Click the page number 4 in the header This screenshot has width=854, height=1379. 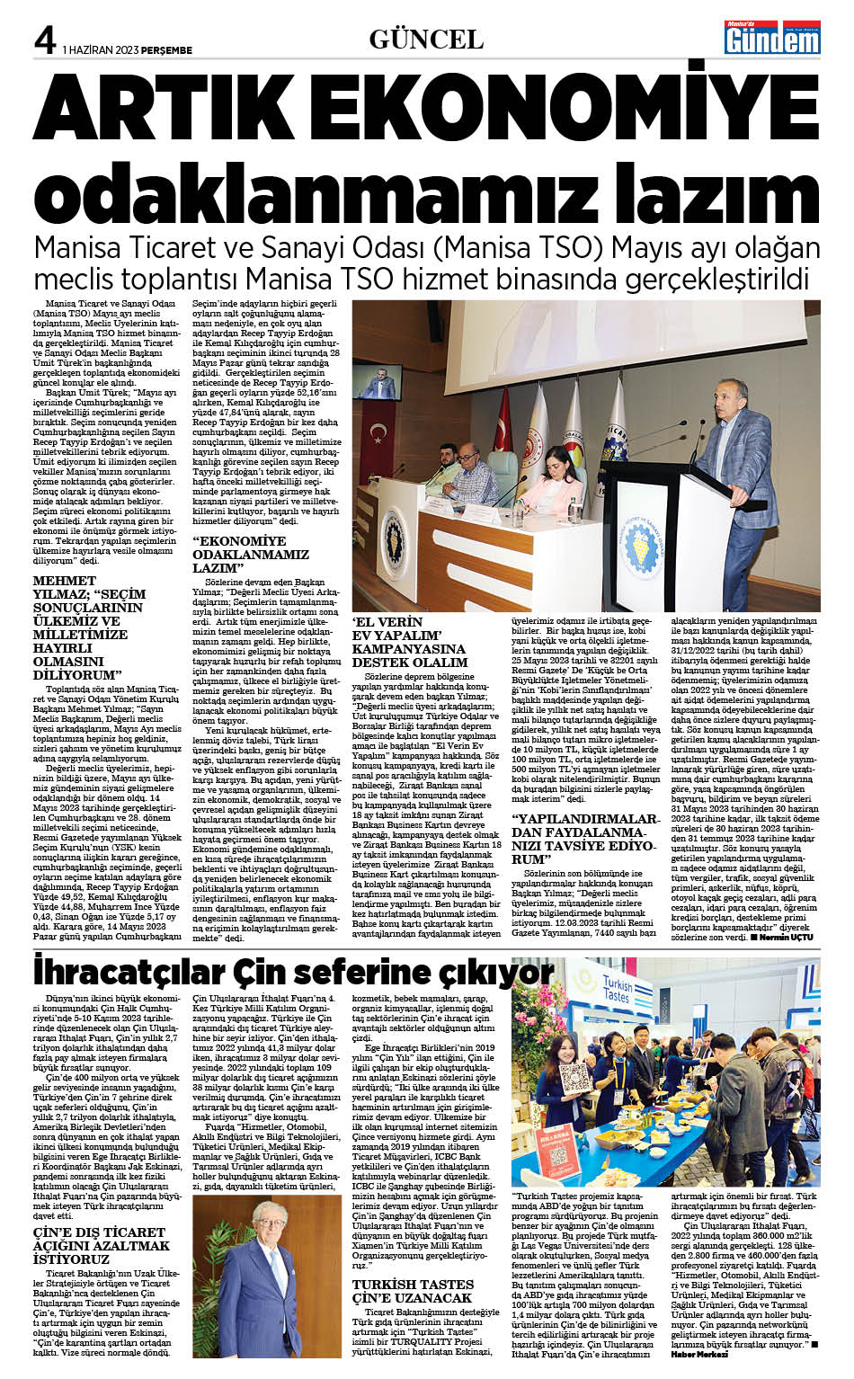(44, 39)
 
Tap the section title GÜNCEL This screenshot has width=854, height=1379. (426, 39)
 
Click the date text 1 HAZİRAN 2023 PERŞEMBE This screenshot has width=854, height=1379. (128, 50)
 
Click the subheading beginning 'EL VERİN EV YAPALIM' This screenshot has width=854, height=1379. (409, 642)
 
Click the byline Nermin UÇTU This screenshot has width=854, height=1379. (785, 938)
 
